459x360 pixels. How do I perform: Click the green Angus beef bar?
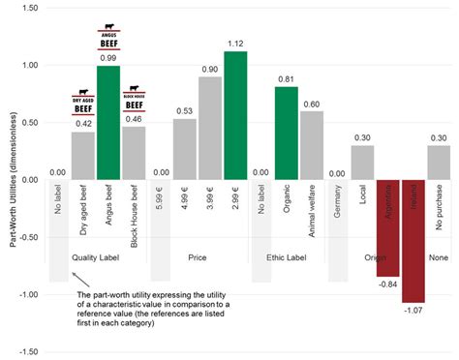coord(107,123)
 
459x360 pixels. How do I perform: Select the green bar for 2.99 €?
coord(235,115)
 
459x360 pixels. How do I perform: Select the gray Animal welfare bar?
coord(311,145)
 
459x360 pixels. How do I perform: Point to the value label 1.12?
coord(235,44)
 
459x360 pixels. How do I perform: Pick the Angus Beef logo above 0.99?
coord(107,39)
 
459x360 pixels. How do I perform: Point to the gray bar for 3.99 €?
coord(210,128)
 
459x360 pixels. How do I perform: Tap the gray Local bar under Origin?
coord(362,163)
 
